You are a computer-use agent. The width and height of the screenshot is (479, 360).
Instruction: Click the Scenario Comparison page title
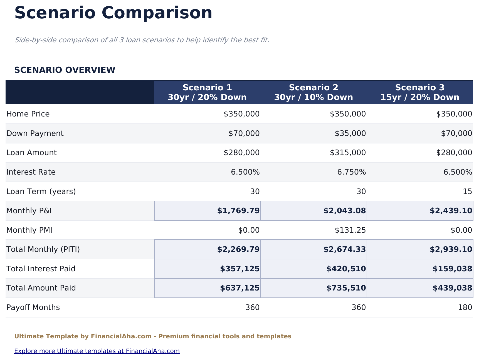(113, 13)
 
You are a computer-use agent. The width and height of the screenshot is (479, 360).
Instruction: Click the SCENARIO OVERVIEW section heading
(65, 70)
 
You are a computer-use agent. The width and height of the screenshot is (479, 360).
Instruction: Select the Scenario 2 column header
(313, 92)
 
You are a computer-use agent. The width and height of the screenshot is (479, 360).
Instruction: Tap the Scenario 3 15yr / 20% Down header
(420, 92)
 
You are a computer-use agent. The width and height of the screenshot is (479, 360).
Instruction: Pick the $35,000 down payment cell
(350, 133)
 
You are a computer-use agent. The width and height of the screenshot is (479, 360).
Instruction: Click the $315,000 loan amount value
(348, 153)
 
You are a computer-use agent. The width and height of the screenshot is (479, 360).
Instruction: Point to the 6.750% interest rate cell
(351, 172)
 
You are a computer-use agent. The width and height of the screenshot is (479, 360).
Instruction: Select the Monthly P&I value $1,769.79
(238, 211)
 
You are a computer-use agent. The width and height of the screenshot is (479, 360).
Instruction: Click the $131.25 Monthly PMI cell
(350, 230)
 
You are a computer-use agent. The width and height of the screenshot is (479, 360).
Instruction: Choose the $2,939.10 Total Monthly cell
(451, 249)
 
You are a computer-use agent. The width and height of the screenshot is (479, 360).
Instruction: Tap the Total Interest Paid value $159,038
(452, 269)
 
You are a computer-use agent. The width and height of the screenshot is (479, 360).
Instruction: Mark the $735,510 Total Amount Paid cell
(346, 288)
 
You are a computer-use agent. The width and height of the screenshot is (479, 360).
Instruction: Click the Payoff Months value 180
(465, 307)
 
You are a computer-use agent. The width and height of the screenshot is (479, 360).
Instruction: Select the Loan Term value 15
(467, 192)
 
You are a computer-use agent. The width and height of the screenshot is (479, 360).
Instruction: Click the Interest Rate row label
(31, 172)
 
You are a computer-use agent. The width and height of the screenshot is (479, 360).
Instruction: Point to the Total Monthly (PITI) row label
(43, 249)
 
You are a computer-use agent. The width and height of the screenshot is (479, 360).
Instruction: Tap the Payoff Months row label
(33, 307)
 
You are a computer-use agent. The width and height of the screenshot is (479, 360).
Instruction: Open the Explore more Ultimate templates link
(97, 351)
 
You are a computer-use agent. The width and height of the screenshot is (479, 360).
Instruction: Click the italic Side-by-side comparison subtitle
(142, 40)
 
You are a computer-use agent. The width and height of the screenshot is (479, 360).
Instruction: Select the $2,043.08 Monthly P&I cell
(344, 211)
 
